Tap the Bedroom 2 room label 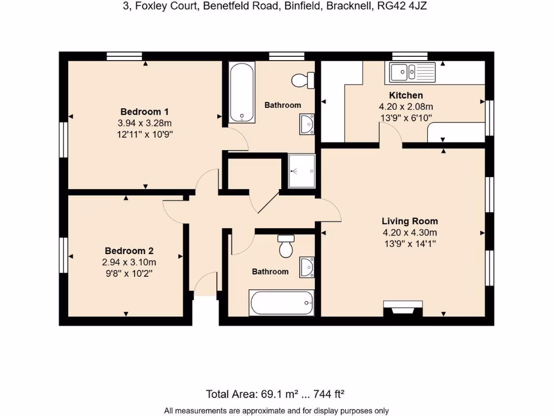(x=129, y=251)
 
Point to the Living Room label (x=410, y=221)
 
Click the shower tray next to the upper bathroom (x=301, y=171)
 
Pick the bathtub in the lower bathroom (x=281, y=301)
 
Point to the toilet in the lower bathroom (x=286, y=246)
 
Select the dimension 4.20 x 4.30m (x=410, y=232)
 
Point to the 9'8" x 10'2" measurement (x=129, y=274)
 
